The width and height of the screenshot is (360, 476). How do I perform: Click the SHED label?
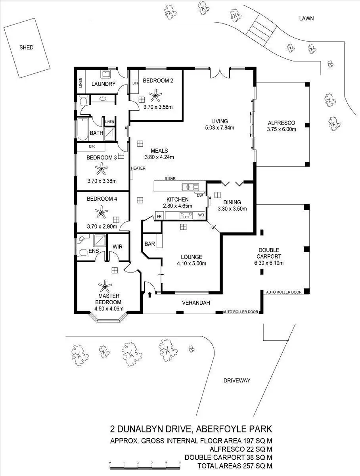point(27,47)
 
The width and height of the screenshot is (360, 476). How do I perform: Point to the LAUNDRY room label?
point(103,84)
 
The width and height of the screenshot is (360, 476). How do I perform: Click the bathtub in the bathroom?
point(82,129)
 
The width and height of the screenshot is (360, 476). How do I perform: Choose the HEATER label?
point(138,168)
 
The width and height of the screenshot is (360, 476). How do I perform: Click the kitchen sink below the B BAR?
point(190,186)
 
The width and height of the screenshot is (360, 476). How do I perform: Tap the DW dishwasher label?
point(200,195)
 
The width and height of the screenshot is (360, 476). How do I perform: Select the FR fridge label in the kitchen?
point(159,216)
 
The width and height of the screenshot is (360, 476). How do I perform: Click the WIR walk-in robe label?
point(117,247)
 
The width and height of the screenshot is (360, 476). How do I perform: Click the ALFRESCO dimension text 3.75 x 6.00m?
point(282,129)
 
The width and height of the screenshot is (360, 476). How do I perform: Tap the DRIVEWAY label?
point(237,380)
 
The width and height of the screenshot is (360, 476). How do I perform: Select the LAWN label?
point(306,18)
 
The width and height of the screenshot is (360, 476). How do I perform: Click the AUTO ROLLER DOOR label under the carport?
point(283,292)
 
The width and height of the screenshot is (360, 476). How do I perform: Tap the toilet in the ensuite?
point(83,252)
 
